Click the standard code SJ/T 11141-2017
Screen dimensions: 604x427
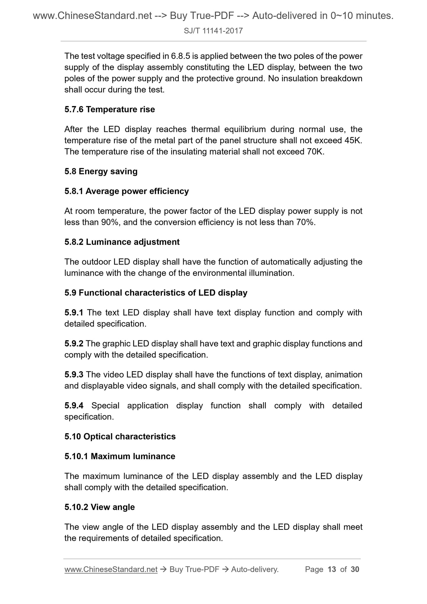[x=213, y=31]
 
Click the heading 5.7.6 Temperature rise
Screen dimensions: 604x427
[x=110, y=110]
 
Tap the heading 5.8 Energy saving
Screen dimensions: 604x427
[x=101, y=172]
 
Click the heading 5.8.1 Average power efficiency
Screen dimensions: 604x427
[x=126, y=191]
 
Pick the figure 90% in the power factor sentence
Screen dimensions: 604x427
[x=110, y=223]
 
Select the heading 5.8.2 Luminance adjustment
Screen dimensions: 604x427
[x=122, y=242]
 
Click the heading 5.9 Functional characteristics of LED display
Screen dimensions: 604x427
[x=156, y=293]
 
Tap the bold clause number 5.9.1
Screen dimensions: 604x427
[x=74, y=313]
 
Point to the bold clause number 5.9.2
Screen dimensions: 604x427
[x=74, y=344]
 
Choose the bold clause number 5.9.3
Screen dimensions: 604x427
[x=74, y=375]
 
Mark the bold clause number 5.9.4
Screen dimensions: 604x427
[x=74, y=406]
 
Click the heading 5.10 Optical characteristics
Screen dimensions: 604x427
[x=120, y=437]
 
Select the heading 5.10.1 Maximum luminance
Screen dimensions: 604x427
[x=120, y=457]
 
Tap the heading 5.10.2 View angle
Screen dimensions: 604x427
[x=100, y=507]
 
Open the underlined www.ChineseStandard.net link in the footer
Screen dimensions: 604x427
[x=111, y=569]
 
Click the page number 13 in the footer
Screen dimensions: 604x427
[x=332, y=569]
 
